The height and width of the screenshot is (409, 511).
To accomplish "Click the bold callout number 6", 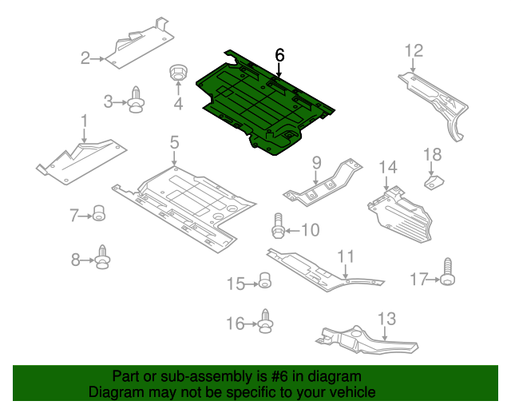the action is tap(279, 55).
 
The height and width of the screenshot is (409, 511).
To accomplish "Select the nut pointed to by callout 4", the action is tap(178, 73).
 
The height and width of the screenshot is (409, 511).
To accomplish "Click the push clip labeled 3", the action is tap(136, 100).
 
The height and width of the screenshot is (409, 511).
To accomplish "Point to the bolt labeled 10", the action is tap(278, 226).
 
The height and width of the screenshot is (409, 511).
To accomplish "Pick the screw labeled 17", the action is tap(447, 272).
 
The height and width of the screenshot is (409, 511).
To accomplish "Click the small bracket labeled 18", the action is tap(434, 182).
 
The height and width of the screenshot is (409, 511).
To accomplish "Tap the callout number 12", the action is tap(414, 51).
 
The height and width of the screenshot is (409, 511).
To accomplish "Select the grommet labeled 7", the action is tap(99, 213).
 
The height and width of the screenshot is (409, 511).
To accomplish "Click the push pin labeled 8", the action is tap(103, 257).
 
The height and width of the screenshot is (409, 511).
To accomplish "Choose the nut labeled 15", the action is tap(265, 280).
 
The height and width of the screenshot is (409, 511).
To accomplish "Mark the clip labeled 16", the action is tap(265, 321).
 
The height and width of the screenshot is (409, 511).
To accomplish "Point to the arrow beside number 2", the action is tap(97, 59).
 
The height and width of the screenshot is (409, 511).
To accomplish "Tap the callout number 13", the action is tap(386, 319).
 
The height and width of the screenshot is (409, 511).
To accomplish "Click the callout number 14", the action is tap(388, 167).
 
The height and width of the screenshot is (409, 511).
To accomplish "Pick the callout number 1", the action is tap(84, 121).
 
